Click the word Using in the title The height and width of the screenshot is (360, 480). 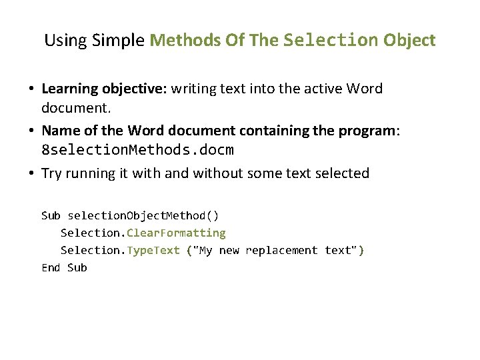click(x=65, y=40)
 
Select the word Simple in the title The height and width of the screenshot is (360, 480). click(x=118, y=40)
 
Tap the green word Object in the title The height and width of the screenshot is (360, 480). click(x=409, y=40)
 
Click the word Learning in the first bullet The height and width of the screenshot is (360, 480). click(x=70, y=89)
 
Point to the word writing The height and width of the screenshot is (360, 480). click(x=195, y=89)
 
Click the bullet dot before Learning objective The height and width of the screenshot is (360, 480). click(x=31, y=89)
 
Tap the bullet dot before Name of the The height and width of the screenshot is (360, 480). click(x=31, y=131)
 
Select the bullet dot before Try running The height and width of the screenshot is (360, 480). click(x=31, y=174)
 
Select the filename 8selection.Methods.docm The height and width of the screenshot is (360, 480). click(x=138, y=150)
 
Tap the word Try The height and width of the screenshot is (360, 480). click(x=51, y=173)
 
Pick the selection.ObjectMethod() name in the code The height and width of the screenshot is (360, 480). click(x=143, y=215)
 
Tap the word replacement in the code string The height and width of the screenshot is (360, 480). click(x=281, y=250)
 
